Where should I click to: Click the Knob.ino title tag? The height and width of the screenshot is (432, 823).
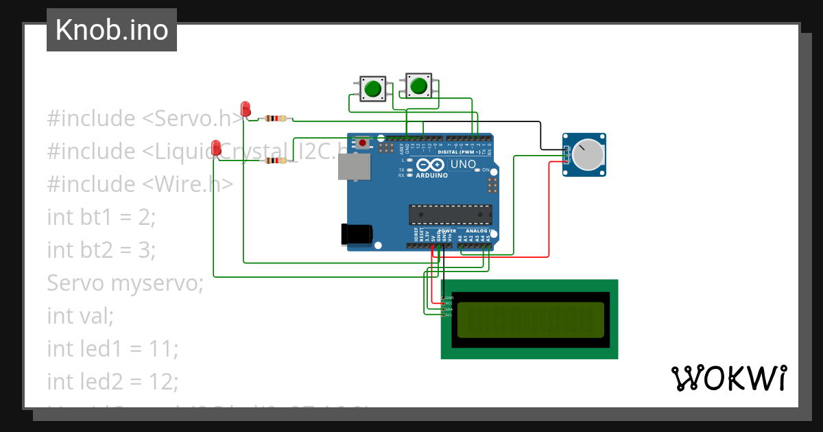[111, 30]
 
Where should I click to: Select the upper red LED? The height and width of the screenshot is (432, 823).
[246, 108]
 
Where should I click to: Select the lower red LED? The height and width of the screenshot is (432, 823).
[217, 147]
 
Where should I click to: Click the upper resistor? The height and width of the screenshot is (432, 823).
[275, 119]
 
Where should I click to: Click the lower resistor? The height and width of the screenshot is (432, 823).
[275, 161]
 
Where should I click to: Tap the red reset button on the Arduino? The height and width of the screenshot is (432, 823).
[362, 143]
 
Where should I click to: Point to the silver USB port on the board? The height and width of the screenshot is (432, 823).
[354, 166]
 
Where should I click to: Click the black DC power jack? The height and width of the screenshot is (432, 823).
[357, 234]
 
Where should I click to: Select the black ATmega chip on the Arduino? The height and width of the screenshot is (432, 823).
[450, 215]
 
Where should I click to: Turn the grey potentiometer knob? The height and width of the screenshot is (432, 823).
[588, 155]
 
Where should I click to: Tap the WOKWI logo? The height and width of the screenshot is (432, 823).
[728, 378]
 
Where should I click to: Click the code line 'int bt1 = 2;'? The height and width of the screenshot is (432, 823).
[102, 217]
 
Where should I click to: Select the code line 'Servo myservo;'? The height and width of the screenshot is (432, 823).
[126, 283]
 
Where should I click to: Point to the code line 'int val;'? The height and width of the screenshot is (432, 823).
[80, 315]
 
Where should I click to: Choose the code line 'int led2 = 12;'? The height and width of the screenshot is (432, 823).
[112, 381]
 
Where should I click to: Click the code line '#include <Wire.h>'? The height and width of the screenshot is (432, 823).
[141, 184]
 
